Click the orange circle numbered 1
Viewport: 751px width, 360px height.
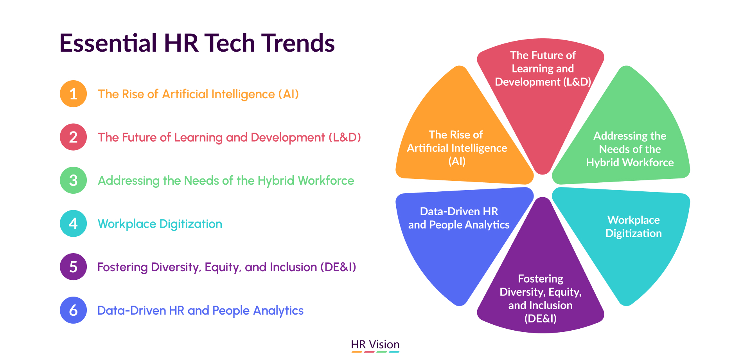(x=73, y=94)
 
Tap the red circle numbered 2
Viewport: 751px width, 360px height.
(x=73, y=137)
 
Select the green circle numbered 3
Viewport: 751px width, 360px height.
(x=73, y=180)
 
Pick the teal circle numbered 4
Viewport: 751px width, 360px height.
(x=73, y=223)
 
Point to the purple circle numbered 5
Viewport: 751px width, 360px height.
(x=73, y=267)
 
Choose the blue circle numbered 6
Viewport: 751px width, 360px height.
(x=73, y=310)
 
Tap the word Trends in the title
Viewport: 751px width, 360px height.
(x=298, y=43)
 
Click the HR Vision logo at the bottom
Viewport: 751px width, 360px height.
(x=375, y=345)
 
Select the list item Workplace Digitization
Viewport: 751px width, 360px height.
(x=160, y=224)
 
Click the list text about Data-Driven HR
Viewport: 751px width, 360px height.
(x=200, y=311)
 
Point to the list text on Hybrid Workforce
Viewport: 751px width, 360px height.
(x=226, y=181)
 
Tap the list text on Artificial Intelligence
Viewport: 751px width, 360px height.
(x=198, y=94)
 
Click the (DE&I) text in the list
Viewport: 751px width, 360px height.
(x=338, y=267)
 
